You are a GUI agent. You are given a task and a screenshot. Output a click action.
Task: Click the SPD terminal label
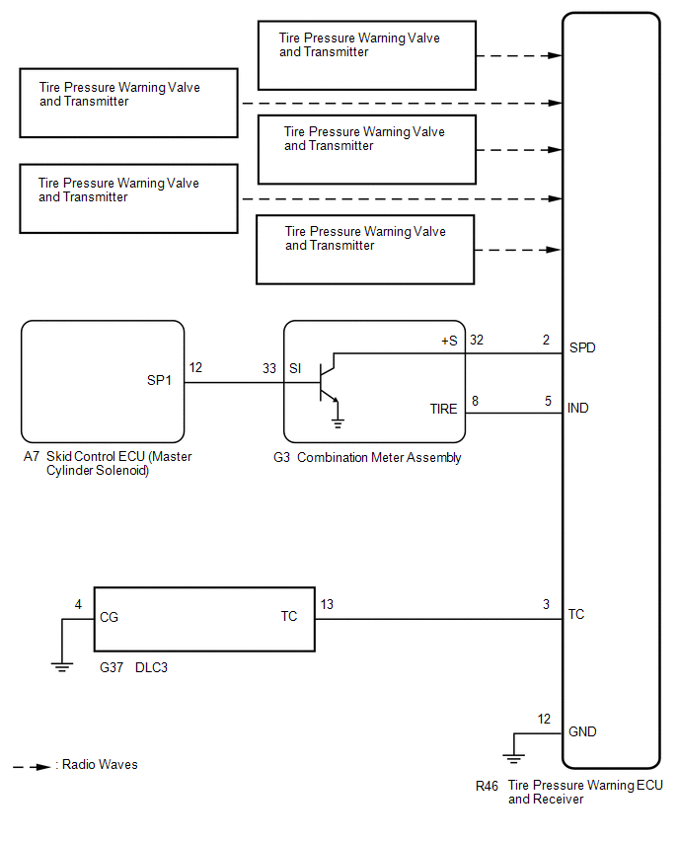point(582,348)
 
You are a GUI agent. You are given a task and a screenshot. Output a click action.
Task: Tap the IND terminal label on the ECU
point(578,409)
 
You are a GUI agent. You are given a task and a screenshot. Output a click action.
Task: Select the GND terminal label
point(582,731)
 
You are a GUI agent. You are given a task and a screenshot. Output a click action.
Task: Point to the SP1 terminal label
point(159,380)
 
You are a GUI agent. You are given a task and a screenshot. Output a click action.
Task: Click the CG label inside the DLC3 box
point(109,617)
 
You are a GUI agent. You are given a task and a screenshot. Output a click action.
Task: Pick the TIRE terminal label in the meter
point(443,410)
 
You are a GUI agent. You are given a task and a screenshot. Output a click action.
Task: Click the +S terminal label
point(449,342)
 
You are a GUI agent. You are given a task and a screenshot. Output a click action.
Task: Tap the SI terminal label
point(295,368)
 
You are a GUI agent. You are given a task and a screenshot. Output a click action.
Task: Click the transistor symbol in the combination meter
point(328,382)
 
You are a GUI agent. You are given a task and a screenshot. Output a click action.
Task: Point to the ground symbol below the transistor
point(338,422)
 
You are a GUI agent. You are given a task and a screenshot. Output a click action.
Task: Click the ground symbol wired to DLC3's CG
point(62,667)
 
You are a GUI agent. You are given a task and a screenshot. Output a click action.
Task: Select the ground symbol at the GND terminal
point(514,758)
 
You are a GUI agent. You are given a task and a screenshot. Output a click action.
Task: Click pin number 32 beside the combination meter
point(477,340)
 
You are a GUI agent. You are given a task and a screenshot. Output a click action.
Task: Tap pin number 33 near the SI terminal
point(269,368)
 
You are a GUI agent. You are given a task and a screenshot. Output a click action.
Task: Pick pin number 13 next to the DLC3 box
point(327,604)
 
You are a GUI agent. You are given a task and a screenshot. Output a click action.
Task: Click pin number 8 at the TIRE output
point(475,401)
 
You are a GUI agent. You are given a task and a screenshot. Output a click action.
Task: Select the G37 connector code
point(112,667)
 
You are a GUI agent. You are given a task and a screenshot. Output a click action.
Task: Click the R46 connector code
point(487,787)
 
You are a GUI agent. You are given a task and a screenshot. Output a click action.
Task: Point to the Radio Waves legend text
point(100,764)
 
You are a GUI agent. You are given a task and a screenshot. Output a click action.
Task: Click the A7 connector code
point(32,456)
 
